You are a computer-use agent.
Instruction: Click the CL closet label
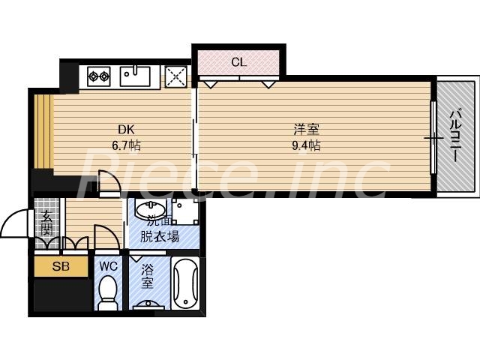[x=238, y=62]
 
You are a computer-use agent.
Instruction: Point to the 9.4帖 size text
[x=306, y=144]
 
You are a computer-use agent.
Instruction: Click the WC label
[x=107, y=265]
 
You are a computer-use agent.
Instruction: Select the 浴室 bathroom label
[x=148, y=275]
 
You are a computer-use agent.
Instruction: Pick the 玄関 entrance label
[x=46, y=224]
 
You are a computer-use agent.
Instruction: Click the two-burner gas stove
[x=99, y=74]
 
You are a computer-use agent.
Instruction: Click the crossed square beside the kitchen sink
[x=176, y=76]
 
